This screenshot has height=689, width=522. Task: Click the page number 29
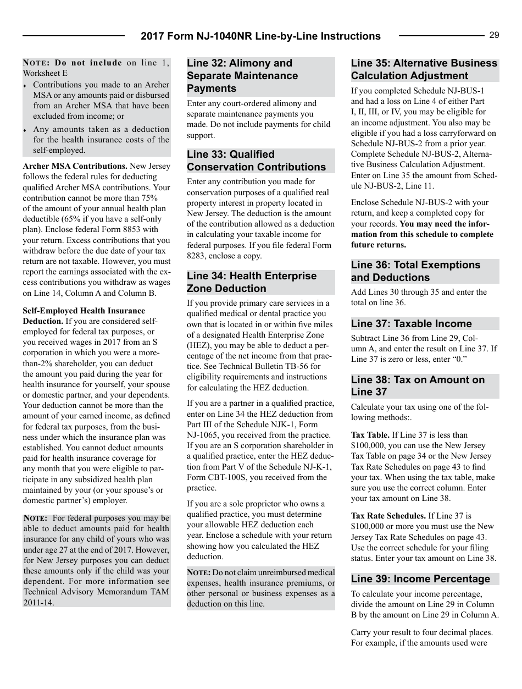click(x=494, y=35)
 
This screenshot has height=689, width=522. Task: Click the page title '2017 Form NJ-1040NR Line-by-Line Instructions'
click(x=260, y=36)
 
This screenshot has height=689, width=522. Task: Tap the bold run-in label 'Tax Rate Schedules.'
click(x=388, y=516)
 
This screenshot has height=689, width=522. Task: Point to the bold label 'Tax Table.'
click(x=370, y=435)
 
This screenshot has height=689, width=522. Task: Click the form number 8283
click(x=196, y=256)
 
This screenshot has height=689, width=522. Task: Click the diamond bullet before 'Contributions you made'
click(x=25, y=86)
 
